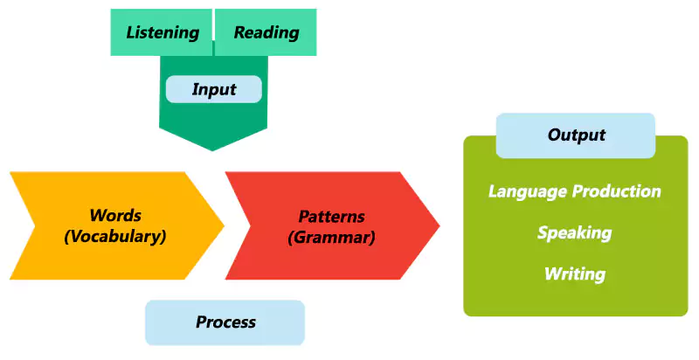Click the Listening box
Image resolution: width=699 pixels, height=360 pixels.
click(x=162, y=33)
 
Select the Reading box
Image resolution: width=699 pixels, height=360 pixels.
click(x=266, y=33)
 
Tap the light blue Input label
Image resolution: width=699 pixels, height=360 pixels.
click(x=213, y=89)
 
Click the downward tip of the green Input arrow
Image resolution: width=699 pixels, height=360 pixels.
click(x=212, y=148)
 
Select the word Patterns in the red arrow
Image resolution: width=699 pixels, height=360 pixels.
click(x=331, y=216)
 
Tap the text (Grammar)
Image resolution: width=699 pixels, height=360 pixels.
click(x=331, y=237)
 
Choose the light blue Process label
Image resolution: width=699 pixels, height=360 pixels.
click(x=225, y=322)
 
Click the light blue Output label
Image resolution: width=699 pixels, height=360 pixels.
click(x=576, y=135)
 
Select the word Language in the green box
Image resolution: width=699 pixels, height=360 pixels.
click(x=527, y=191)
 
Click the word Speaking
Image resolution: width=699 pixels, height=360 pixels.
click(x=574, y=232)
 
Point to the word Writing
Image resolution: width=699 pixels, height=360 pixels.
click(x=574, y=273)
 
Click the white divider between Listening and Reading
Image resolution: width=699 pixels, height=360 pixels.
click(x=213, y=33)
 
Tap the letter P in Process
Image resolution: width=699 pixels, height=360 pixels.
click(x=201, y=322)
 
